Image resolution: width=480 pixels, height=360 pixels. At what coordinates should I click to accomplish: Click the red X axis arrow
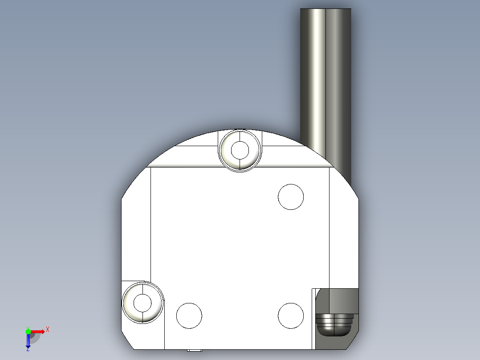pos(37,331)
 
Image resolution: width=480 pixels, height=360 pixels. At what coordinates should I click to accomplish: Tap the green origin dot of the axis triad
pos(28,331)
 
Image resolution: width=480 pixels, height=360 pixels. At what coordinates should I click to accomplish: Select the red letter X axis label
pos(48,330)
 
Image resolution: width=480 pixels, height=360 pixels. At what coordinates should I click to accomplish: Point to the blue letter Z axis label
pos(28,349)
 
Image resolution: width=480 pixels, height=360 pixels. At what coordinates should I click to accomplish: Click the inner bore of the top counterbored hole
pos(240,150)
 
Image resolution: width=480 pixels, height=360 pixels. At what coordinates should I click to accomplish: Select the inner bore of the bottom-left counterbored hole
pos(142,303)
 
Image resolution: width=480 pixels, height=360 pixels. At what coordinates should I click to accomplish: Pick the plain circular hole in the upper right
pos(291,196)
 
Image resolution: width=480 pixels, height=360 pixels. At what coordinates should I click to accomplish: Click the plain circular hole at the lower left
pos(189,315)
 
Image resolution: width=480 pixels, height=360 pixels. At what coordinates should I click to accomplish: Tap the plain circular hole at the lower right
pos(291,315)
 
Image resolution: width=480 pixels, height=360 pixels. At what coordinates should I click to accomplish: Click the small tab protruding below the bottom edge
pos(194,350)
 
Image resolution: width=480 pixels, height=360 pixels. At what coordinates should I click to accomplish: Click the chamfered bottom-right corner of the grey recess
pos(353,342)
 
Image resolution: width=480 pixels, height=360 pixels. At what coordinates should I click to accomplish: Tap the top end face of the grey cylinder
pos(325,9)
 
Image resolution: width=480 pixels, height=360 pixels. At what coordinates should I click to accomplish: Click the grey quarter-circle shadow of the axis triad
pos(35,337)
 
